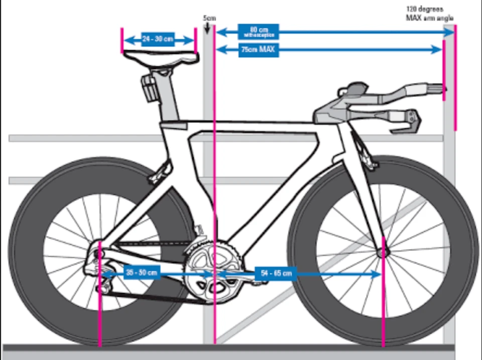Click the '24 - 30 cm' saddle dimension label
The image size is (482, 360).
(158, 40)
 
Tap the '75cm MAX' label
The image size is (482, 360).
(258, 50)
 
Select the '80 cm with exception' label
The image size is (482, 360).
(258, 32)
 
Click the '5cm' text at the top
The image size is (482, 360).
(209, 18)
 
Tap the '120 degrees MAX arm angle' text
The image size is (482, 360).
(429, 14)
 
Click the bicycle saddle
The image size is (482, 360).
(161, 57)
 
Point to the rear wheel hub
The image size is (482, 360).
(100, 254)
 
